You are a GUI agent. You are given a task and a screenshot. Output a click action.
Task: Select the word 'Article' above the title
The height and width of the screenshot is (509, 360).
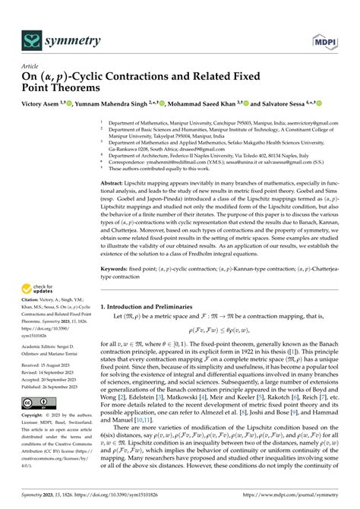point(29,66)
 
